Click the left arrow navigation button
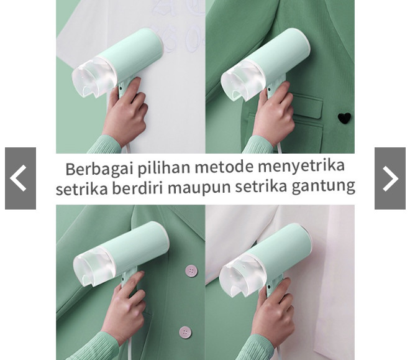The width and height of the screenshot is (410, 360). coord(20,178)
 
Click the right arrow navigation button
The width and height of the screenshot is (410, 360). coord(390,178)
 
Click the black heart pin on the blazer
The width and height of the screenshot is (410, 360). coord(344,118)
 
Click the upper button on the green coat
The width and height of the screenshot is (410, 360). coord(191,271)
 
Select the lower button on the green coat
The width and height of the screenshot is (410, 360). coord(185,332)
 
